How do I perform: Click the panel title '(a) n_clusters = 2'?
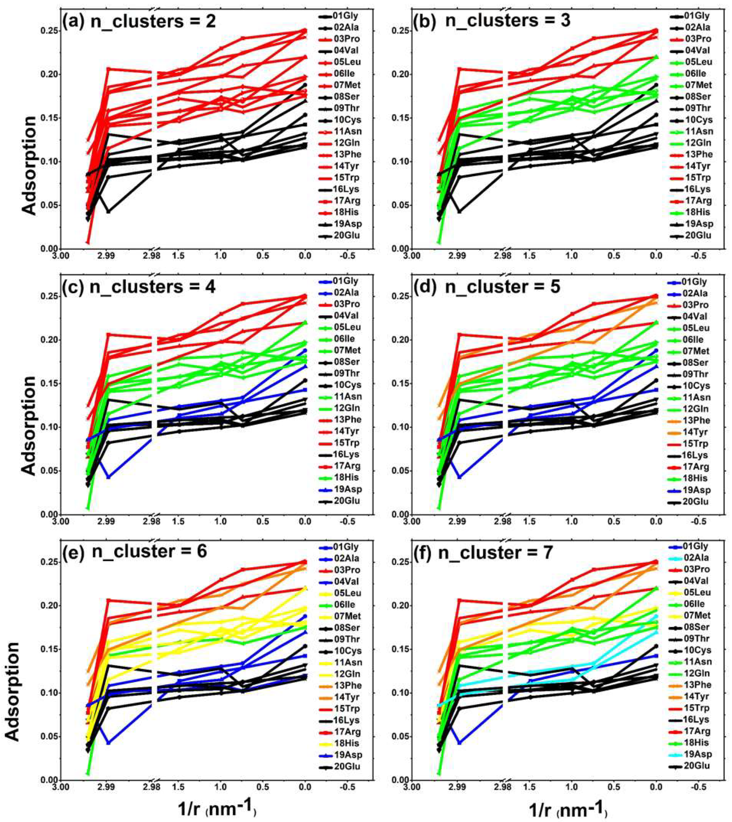click(x=139, y=21)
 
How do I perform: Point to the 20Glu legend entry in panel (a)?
click(x=346, y=235)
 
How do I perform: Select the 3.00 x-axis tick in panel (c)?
click(x=60, y=522)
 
